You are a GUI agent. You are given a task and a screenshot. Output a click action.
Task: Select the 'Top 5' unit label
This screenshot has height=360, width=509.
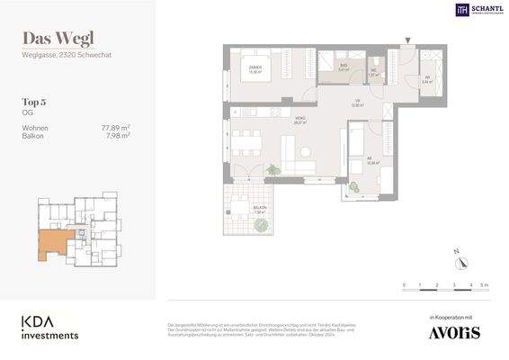pos(35,103)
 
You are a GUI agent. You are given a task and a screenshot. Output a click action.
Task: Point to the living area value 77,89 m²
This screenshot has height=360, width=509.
pos(115,129)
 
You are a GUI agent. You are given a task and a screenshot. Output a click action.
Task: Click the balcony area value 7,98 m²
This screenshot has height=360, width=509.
pos(118,136)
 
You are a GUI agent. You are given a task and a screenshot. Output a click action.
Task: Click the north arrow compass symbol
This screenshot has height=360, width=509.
pos(461,261)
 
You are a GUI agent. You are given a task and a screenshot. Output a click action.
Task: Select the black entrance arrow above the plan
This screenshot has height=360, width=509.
pos(409,40)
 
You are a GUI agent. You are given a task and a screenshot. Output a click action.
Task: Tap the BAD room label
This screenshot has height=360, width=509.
pos(344,67)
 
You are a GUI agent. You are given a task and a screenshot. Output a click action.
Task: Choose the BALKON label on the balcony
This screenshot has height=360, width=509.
pos(260,208)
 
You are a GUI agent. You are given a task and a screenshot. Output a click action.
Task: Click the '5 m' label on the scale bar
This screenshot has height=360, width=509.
pos(485,284)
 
